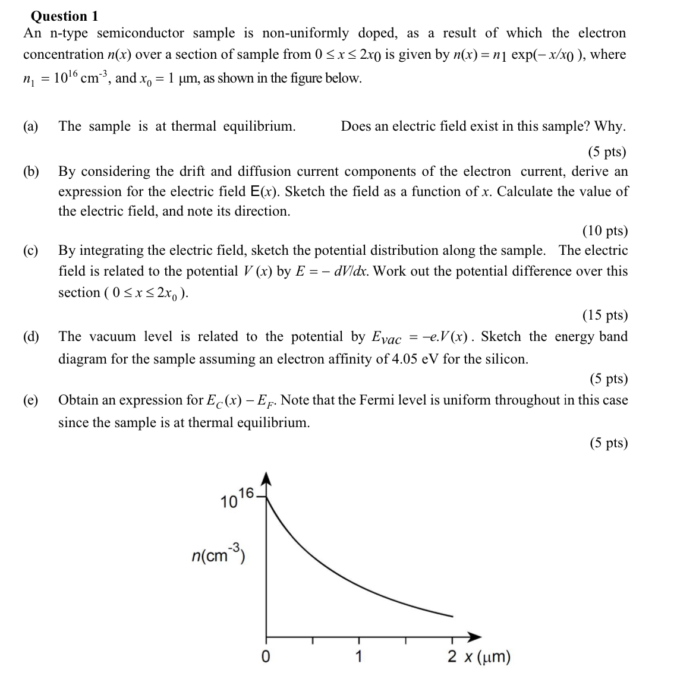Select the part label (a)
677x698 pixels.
pyautogui.click(x=31, y=127)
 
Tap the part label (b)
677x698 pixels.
pyautogui.click(x=31, y=172)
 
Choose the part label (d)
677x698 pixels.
pyautogui.click(x=31, y=337)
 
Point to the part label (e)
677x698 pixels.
pyautogui.click(x=31, y=400)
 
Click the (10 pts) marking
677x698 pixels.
pyautogui.click(x=604, y=231)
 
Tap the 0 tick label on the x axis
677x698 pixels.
pyautogui.click(x=266, y=657)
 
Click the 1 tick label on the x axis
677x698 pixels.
pyautogui.click(x=358, y=657)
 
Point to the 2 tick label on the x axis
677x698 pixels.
pyautogui.click(x=452, y=657)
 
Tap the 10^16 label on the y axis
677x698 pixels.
pyautogui.click(x=237, y=499)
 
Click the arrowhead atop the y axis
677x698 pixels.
pyautogui.click(x=266, y=479)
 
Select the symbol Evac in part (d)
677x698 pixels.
pyautogui.click(x=386, y=338)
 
